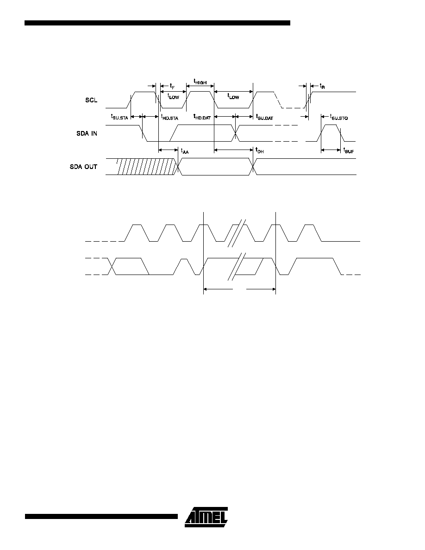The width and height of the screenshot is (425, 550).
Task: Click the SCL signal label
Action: (91, 100)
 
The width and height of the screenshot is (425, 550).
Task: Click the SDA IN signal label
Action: (87, 134)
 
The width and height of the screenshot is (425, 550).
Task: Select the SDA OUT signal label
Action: (83, 167)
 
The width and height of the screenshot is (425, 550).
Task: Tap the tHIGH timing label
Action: (200, 81)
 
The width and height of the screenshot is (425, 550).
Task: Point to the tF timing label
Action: (172, 86)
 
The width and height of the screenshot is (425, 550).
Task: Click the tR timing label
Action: (322, 86)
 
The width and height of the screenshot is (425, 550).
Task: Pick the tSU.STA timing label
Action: (119, 117)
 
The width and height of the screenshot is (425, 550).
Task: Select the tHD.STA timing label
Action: (169, 117)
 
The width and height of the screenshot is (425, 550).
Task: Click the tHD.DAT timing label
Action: (202, 117)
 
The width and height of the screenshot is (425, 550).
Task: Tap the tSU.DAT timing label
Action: (264, 117)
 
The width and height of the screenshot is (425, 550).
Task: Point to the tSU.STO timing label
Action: (339, 117)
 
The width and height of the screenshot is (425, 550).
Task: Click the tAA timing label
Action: (184, 151)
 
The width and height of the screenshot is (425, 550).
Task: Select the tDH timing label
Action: (259, 151)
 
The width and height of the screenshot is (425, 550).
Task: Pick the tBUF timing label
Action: (349, 151)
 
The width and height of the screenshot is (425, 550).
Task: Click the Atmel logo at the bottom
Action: (206, 517)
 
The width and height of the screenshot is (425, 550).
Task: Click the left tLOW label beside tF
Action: (173, 96)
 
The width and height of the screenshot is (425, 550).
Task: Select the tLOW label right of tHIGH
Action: (233, 96)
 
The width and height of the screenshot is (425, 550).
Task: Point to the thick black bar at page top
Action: (157, 23)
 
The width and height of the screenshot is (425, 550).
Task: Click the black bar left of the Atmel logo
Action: (101, 516)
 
